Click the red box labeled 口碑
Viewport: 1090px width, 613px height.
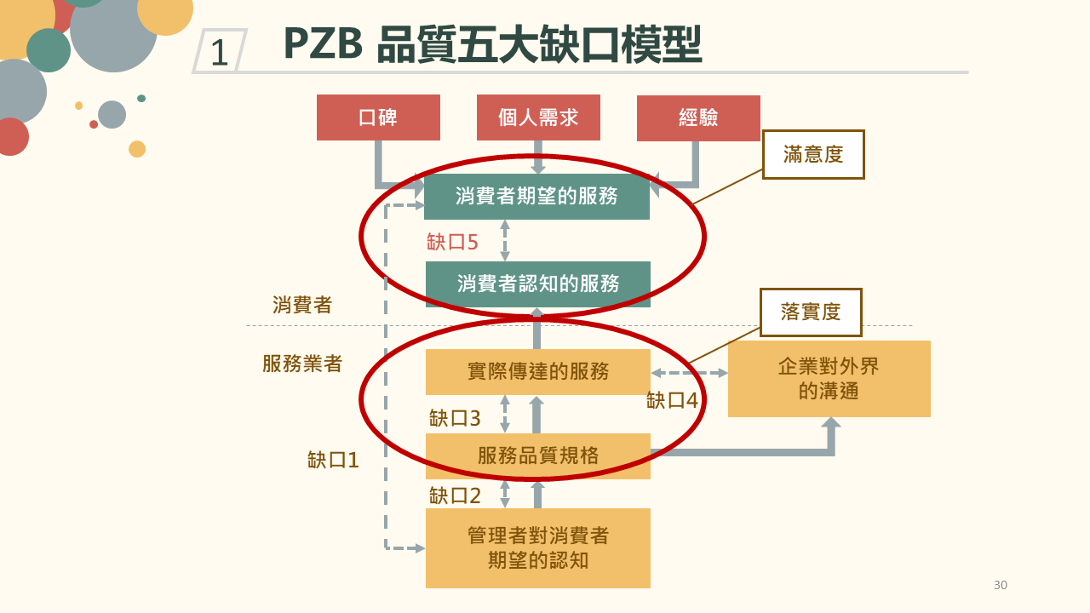coord(378,117)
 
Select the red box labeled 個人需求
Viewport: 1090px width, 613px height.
coord(538,117)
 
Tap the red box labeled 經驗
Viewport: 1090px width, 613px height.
coord(698,117)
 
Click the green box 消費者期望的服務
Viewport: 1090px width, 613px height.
coord(536,197)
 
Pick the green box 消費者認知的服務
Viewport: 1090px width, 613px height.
coord(537,284)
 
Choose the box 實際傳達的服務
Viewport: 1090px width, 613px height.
coord(537,372)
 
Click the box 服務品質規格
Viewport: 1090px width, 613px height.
coord(537,456)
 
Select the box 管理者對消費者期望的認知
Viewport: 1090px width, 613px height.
coord(537,548)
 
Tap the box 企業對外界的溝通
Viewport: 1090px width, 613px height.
coord(829,379)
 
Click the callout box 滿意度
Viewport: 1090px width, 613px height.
coord(812,154)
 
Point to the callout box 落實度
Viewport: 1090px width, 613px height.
coord(810,312)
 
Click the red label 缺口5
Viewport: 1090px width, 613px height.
coord(452,243)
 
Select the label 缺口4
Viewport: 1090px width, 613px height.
coord(672,400)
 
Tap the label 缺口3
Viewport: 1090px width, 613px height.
coord(455,418)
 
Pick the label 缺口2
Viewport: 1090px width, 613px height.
coord(455,496)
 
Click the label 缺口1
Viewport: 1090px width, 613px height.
coord(333,461)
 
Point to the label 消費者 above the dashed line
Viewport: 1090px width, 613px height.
coord(302,305)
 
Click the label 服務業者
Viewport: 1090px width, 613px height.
coord(302,364)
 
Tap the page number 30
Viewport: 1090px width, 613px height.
coord(1000,585)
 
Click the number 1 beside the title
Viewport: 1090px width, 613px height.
coord(219,53)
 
